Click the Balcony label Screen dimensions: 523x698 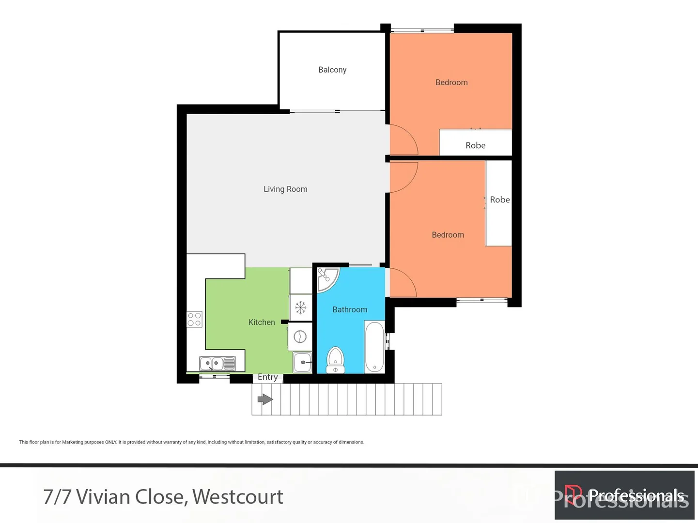click(332, 70)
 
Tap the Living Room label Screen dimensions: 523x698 click(285, 189)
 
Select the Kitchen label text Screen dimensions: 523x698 click(262, 322)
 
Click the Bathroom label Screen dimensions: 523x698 click(350, 309)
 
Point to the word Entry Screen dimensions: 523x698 click(267, 377)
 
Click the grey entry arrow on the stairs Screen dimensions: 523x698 click(265, 400)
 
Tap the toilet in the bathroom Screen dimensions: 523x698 click(335, 359)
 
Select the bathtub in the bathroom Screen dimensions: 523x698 click(374, 347)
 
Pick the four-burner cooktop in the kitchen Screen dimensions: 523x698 click(194, 319)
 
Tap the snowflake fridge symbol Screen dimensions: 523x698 click(301, 308)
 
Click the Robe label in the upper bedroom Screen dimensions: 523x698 click(475, 145)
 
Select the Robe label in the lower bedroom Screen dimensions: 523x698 click(499, 200)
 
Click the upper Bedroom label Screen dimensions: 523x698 click(451, 82)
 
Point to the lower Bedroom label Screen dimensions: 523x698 click(448, 235)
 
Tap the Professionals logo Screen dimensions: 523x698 click(624, 495)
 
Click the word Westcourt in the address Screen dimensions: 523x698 click(237, 497)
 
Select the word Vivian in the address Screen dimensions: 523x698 click(103, 497)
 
